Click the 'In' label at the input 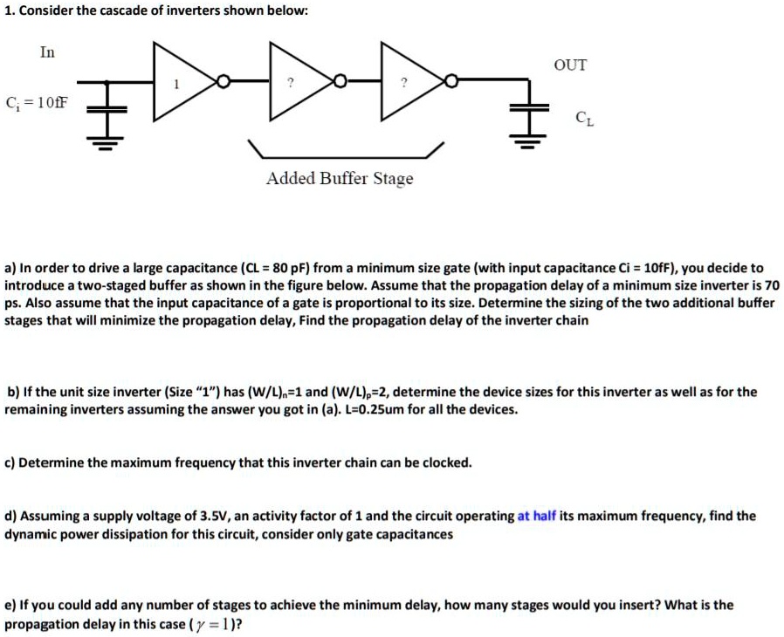point(47,52)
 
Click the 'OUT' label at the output point(570,65)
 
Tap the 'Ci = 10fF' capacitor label point(37,103)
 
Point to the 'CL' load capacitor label point(584,119)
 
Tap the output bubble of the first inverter point(223,80)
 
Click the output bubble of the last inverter point(451,80)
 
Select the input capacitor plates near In point(107,109)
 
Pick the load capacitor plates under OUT point(529,107)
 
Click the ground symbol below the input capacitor point(106,143)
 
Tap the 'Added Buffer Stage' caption point(340,178)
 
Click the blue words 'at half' point(537,516)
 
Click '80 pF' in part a point(292,268)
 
